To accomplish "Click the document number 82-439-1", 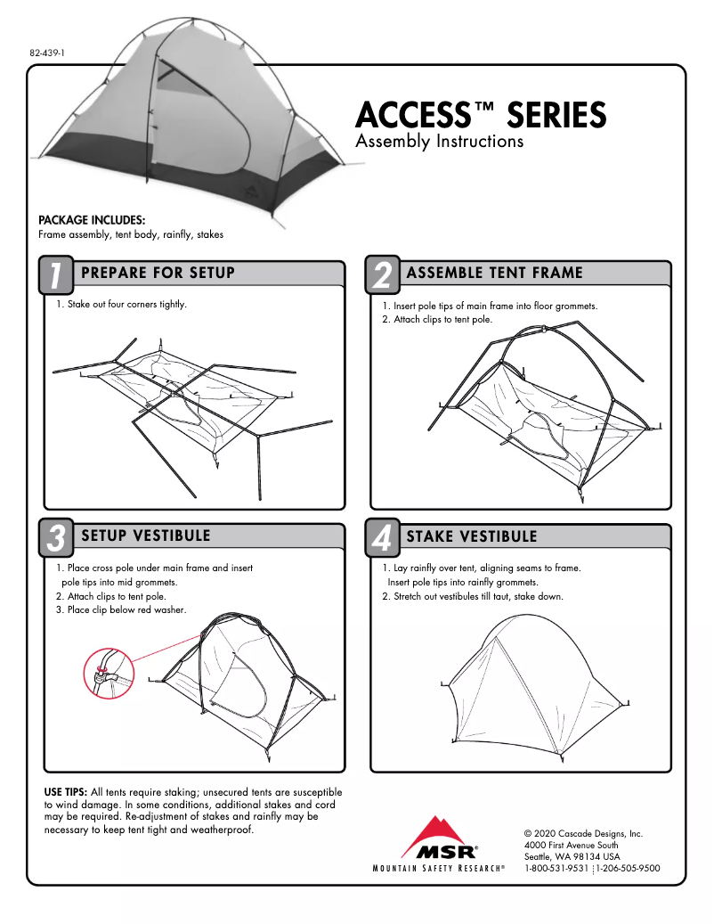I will point(48,53).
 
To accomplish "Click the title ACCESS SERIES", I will point(480,116).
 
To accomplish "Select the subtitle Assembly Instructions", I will point(439,142).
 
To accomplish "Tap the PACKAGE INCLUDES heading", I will point(92,220).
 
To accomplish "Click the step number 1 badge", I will point(55,275).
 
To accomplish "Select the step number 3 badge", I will point(55,538).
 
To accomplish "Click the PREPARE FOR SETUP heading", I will point(158,273).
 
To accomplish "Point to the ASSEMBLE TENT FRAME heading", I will point(494,273).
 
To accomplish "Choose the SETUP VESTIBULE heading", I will point(145,536).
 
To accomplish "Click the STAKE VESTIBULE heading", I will point(472,536).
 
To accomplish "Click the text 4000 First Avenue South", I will point(572,845).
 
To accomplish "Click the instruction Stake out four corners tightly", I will point(122,305).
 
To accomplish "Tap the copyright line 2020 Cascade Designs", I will point(583,833).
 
